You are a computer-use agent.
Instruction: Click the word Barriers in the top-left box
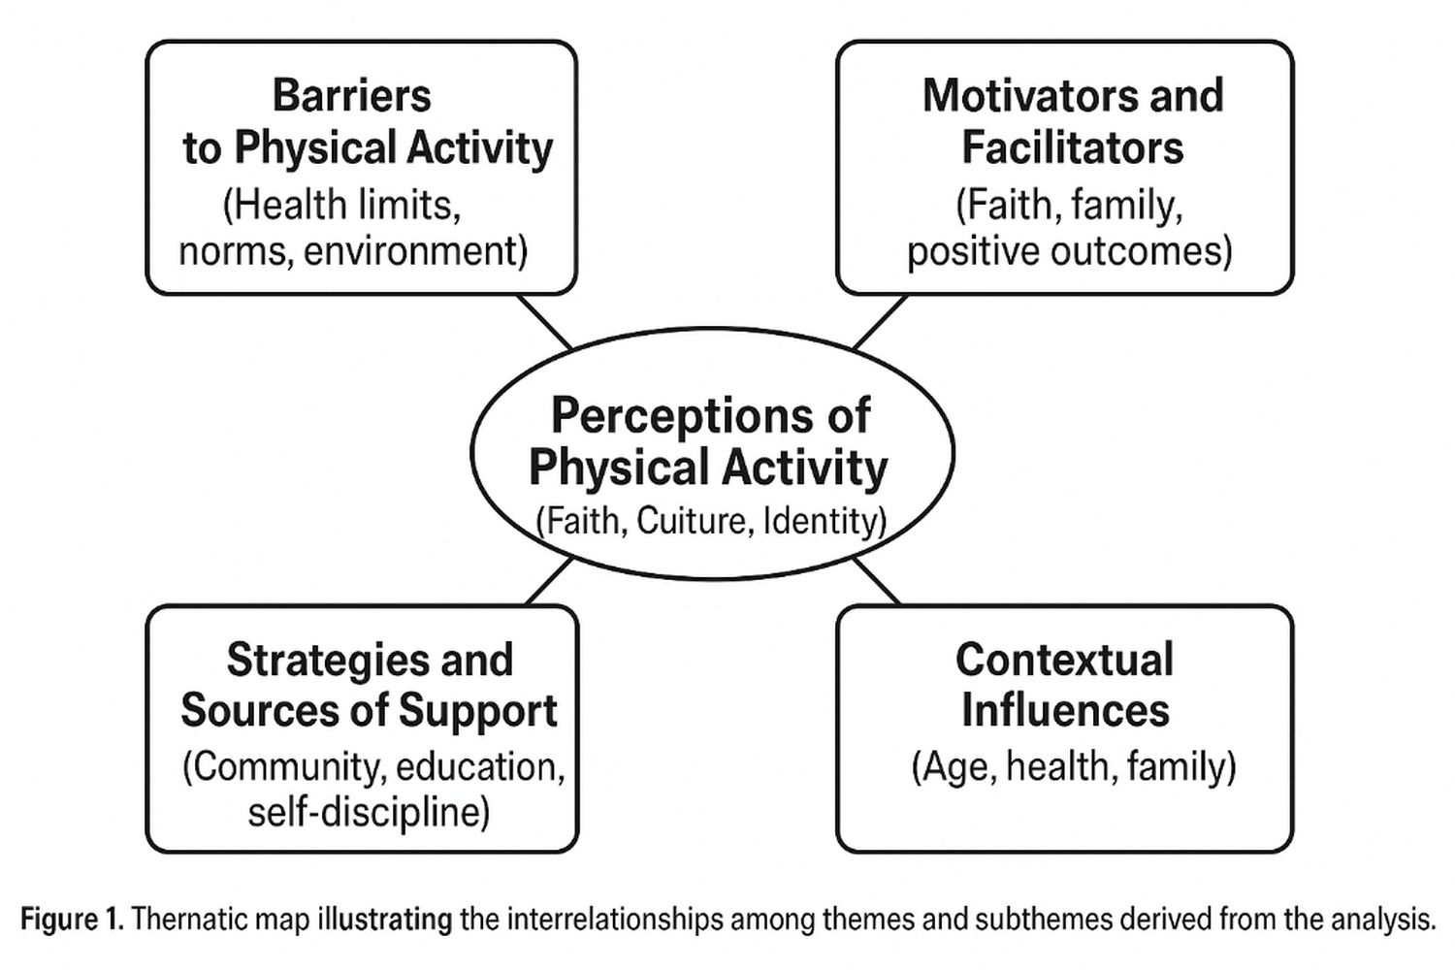(351, 95)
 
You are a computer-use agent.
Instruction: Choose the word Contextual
(1065, 660)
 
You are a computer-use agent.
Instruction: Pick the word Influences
(1065, 710)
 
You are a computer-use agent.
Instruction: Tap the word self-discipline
(369, 812)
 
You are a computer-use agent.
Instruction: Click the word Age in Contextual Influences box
(955, 767)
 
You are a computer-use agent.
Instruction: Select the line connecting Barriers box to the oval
(545, 323)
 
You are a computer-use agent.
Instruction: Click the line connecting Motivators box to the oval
(880, 322)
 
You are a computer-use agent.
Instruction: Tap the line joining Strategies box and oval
(550, 581)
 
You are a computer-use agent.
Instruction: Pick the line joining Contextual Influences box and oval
(877, 581)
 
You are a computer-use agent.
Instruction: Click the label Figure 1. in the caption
(72, 920)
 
